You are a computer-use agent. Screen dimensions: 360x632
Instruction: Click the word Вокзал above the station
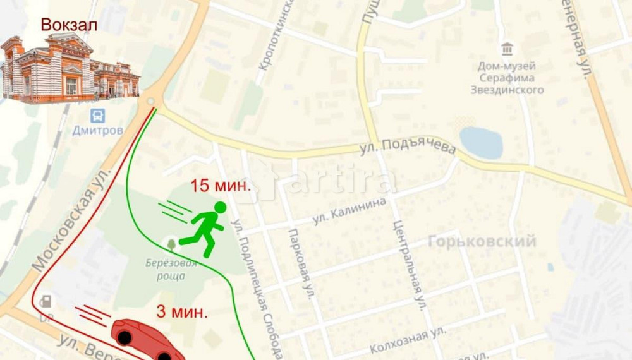[69, 25]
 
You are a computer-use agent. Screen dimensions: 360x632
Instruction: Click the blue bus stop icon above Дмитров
[97, 116]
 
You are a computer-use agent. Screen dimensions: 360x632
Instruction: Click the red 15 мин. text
[221, 186]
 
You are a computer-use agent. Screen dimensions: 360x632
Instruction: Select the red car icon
[146, 340]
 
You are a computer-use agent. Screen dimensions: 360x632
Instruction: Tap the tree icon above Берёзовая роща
[171, 243]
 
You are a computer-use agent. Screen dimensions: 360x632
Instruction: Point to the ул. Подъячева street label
[408, 148]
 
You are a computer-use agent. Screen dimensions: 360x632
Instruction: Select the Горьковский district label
[482, 241]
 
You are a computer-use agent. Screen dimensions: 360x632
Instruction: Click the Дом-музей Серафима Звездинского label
[507, 78]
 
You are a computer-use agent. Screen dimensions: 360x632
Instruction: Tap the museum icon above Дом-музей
[506, 49]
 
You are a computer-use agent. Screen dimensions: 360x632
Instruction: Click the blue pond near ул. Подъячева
[481, 143]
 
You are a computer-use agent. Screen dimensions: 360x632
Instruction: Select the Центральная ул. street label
[406, 265]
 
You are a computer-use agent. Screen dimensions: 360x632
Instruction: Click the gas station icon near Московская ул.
[46, 301]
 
